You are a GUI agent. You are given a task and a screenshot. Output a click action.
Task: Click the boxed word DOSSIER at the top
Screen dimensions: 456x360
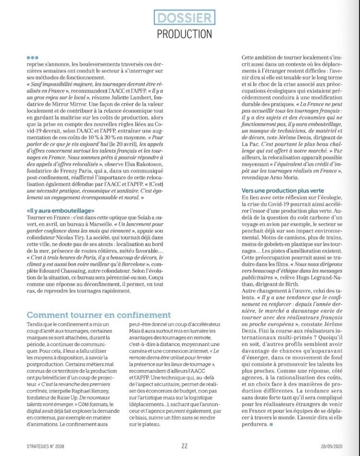[185, 19]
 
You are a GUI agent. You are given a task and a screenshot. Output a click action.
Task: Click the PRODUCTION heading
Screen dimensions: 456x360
[185, 34]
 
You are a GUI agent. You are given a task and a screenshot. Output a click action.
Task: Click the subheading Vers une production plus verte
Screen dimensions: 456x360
[279, 191]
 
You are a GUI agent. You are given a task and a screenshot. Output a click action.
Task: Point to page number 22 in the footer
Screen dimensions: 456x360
[185, 445]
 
